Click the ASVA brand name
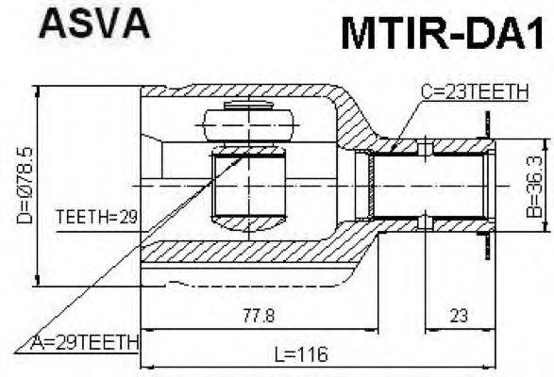click(94, 23)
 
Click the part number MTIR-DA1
click(443, 33)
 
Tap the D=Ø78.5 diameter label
click(25, 186)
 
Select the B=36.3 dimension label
click(534, 186)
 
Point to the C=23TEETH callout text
click(475, 91)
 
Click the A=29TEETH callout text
click(85, 342)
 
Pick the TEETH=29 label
click(97, 217)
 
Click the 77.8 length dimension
click(259, 315)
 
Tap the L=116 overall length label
click(301, 353)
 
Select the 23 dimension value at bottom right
click(459, 315)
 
